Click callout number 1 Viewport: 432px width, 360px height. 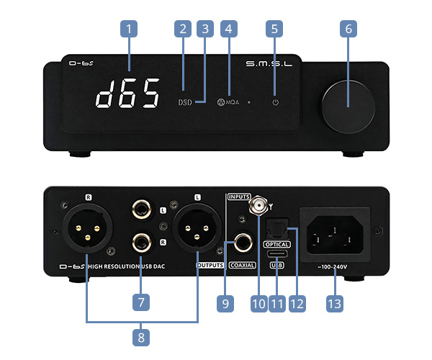click(x=128, y=30)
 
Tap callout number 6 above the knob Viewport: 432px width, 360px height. click(x=349, y=30)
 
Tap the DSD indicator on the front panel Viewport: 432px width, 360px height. click(x=185, y=103)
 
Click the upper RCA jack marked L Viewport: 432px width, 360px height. click(x=140, y=210)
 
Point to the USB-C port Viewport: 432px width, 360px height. click(x=276, y=255)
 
